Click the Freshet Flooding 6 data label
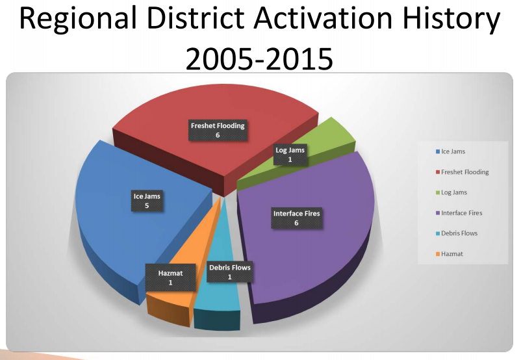(x=218, y=131)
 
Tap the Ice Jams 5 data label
(x=147, y=201)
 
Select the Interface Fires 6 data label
(x=296, y=218)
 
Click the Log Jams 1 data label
(x=290, y=155)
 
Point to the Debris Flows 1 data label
(x=229, y=272)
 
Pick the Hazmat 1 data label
(x=170, y=277)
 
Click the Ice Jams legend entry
(x=451, y=151)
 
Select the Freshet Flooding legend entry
(x=462, y=172)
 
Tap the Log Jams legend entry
(x=451, y=192)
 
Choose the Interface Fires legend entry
(x=459, y=213)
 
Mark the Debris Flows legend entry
(x=457, y=233)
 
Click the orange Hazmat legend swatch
(x=438, y=254)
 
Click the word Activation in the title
(x=324, y=18)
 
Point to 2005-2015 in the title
(x=259, y=59)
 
